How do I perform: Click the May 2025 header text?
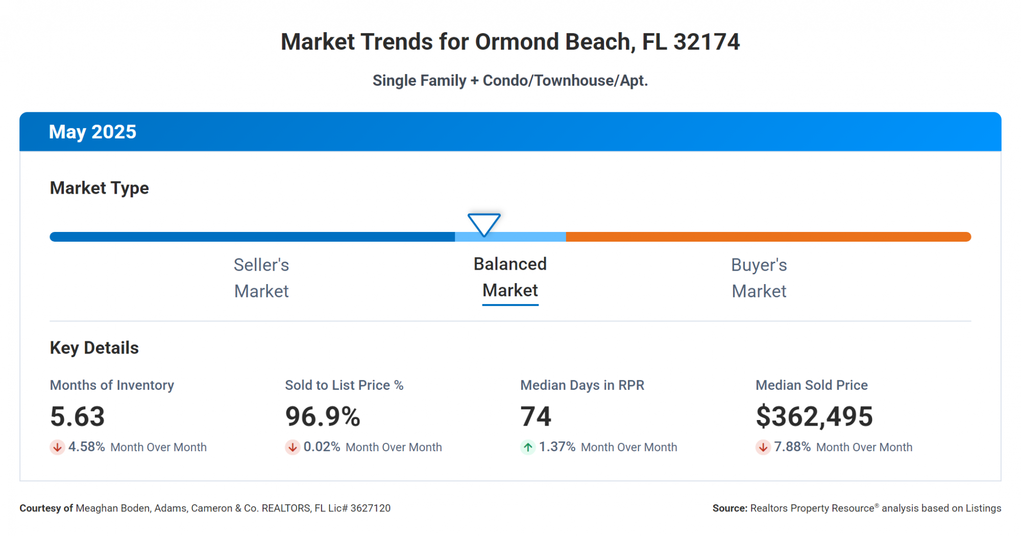pyautogui.click(x=92, y=132)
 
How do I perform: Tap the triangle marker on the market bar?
pyautogui.click(x=484, y=224)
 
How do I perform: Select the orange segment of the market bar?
pyautogui.click(x=768, y=237)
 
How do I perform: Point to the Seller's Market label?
pyautogui.click(x=261, y=278)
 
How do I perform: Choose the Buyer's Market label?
pyautogui.click(x=759, y=278)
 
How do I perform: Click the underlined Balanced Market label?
pyautogui.click(x=510, y=277)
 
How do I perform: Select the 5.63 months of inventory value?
pyautogui.click(x=78, y=416)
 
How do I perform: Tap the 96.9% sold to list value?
pyautogui.click(x=323, y=416)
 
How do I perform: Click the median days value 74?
pyautogui.click(x=536, y=416)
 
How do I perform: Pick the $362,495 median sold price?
pyautogui.click(x=814, y=416)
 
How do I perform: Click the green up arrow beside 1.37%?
pyautogui.click(x=528, y=448)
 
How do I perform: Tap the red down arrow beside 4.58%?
pyautogui.click(x=57, y=448)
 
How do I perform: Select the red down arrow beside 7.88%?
pyautogui.click(x=763, y=448)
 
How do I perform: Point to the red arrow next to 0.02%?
pyautogui.click(x=293, y=448)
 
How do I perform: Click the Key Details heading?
pyautogui.click(x=94, y=348)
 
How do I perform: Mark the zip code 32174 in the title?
pyautogui.click(x=706, y=42)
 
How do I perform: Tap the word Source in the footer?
pyautogui.click(x=730, y=508)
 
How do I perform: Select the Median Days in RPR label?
pyautogui.click(x=582, y=385)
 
